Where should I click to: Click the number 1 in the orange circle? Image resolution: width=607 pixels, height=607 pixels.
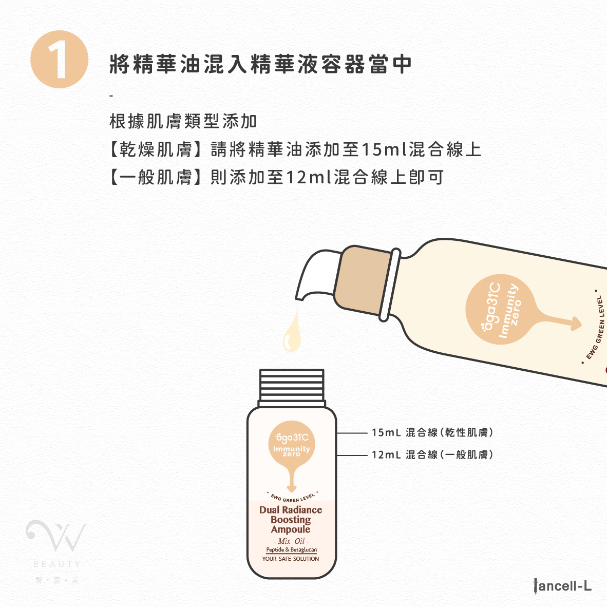(58, 60)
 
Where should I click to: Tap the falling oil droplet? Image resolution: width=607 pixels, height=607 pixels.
(292, 331)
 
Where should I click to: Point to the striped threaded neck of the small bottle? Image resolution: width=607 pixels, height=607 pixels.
(292, 385)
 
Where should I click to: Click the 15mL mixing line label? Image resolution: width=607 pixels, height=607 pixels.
(432, 432)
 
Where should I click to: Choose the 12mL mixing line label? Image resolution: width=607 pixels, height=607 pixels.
(432, 454)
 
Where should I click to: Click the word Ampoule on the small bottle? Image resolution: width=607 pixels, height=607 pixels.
(291, 529)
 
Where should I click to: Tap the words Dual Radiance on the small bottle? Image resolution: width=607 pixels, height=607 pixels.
(291, 509)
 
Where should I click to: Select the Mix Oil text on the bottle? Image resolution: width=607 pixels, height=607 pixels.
(291, 541)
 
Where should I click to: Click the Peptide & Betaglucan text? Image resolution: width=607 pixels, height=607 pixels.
(292, 549)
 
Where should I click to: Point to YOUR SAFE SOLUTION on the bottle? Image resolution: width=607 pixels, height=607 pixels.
(291, 559)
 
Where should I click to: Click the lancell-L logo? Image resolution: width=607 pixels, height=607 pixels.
(562, 586)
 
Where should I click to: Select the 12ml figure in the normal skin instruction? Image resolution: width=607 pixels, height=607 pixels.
(309, 177)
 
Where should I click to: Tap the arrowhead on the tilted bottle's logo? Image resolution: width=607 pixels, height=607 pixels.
(575, 324)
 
